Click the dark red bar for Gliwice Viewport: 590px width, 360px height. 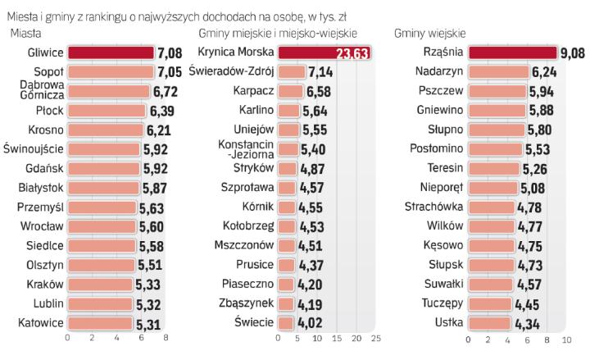(x=110, y=52)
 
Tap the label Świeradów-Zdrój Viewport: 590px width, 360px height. (x=230, y=71)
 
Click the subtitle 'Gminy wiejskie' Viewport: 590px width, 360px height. (x=431, y=33)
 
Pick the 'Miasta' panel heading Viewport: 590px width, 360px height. (x=27, y=33)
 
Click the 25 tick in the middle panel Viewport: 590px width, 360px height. (x=375, y=338)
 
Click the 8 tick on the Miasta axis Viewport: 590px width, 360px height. (x=166, y=338)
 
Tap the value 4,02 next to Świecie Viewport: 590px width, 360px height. (x=311, y=322)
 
